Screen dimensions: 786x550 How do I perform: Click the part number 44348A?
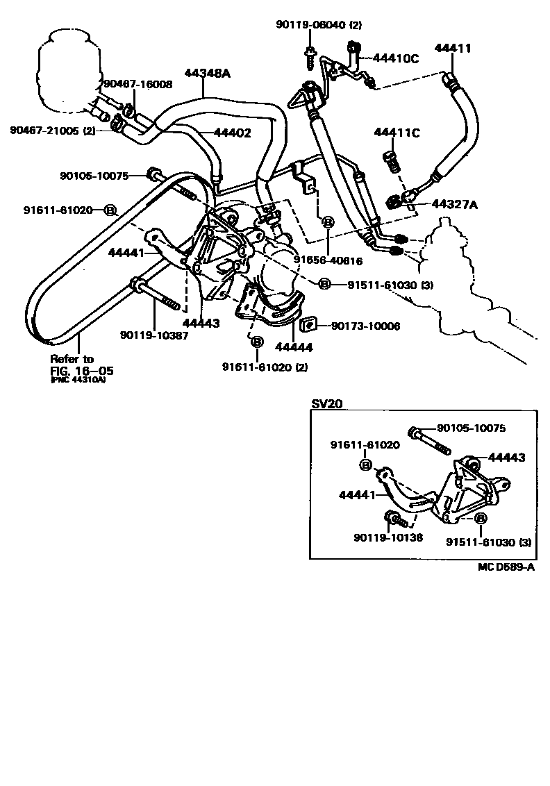(x=206, y=72)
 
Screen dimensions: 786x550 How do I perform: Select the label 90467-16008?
(x=137, y=84)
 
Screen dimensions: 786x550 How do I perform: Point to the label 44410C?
(x=395, y=59)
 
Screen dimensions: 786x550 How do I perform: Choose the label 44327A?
(x=455, y=204)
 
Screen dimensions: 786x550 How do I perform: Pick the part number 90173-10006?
(x=365, y=326)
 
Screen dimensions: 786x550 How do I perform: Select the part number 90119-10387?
(x=154, y=335)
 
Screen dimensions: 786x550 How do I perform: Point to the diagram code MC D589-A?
(x=505, y=567)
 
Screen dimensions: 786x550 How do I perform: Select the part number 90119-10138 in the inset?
(x=388, y=537)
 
